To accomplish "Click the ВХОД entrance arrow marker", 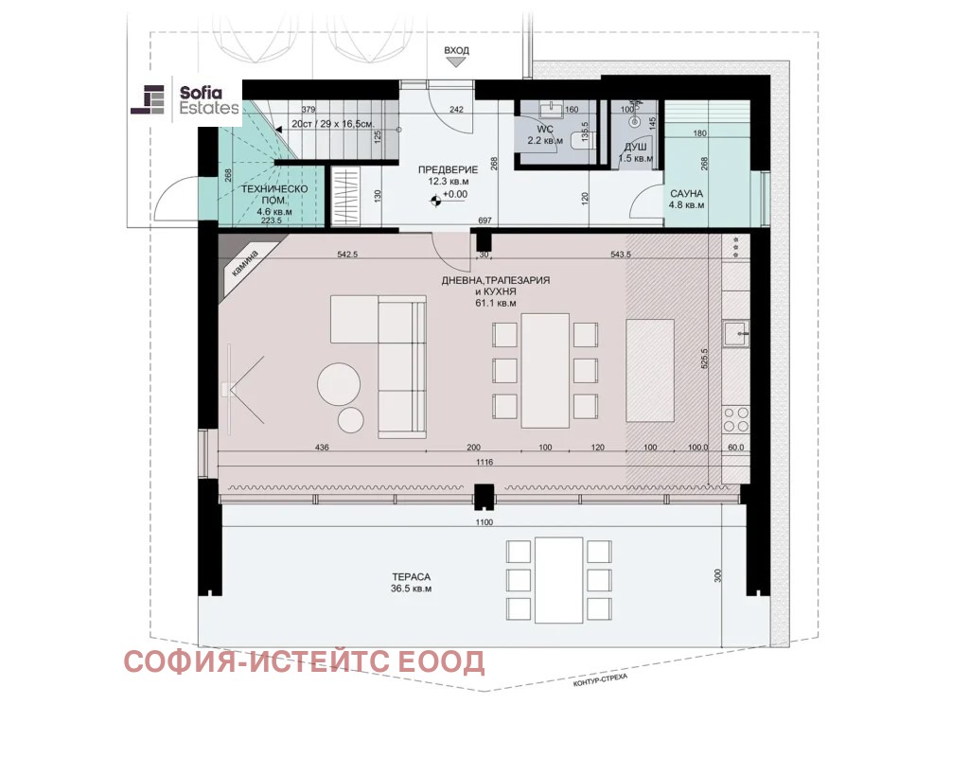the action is tap(456, 62).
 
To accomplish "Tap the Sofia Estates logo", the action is tap(185, 100).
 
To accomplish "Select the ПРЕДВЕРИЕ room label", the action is tap(448, 170).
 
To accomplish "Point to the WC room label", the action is tap(545, 130).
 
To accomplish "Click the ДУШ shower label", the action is tap(635, 147).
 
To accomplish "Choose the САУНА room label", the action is tap(686, 193).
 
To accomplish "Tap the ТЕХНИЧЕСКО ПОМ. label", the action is tap(273, 195).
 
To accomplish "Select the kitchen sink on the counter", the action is tap(736, 334).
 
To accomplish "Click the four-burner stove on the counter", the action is tap(736, 419).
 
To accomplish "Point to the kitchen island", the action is tap(649, 370).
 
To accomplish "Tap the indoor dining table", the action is tap(545, 371).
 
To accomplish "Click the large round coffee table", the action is tap(339, 384).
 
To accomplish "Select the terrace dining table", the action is tap(559, 580).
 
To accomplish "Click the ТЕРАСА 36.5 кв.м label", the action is tap(411, 583).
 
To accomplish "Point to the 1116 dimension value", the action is tap(484, 462).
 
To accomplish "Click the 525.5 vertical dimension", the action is tap(704, 359).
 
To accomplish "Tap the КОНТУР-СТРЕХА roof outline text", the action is tap(600, 679).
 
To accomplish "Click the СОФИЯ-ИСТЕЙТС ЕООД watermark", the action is tap(304, 661).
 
